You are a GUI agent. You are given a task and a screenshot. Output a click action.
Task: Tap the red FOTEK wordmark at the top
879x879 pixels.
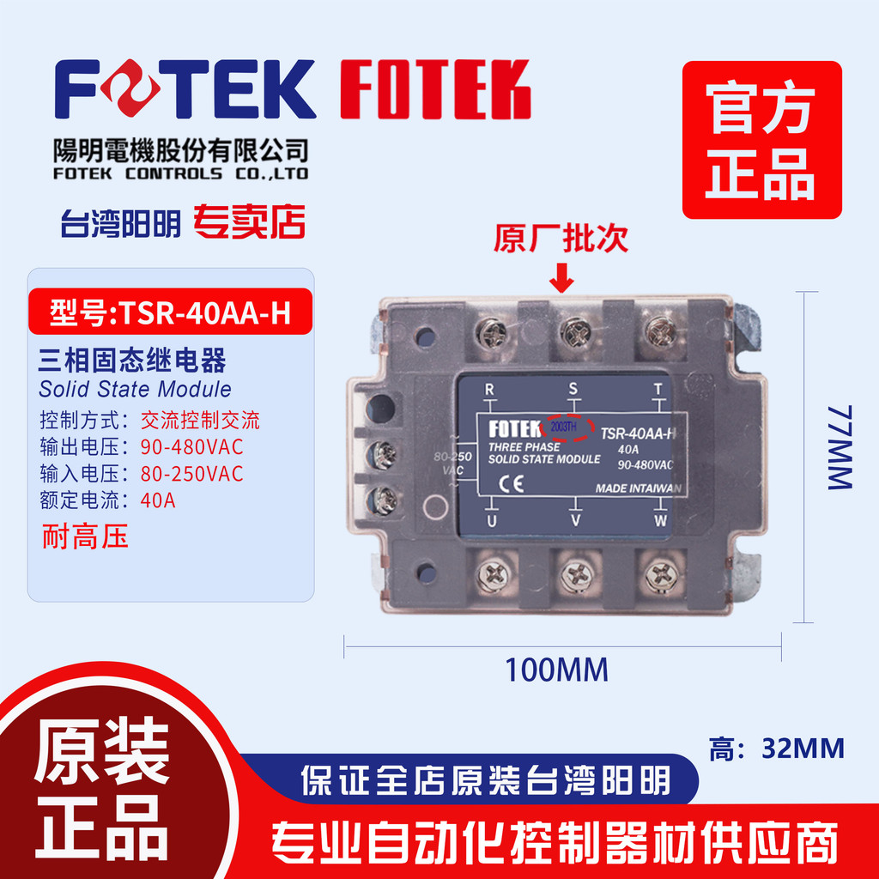tap(435, 89)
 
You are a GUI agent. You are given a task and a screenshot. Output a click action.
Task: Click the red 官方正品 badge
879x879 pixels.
tap(762, 140)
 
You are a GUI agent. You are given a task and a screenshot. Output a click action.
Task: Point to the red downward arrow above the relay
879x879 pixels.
tap(561, 277)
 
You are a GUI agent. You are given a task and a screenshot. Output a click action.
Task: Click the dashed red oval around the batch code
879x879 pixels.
tap(567, 427)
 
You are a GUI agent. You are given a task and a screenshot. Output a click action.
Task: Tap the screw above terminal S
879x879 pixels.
tap(574, 334)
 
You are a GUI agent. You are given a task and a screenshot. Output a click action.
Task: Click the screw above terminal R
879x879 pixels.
tap(491, 333)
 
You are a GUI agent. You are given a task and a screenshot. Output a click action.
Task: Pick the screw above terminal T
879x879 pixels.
tap(659, 332)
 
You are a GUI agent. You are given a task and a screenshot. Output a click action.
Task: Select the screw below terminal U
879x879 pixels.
tap(493, 574)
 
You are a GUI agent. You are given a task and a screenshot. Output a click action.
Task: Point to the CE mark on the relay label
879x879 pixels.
tap(511, 484)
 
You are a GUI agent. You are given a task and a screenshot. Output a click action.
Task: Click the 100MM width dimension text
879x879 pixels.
tap(556, 670)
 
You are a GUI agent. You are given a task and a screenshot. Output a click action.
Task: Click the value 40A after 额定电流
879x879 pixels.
tap(158, 500)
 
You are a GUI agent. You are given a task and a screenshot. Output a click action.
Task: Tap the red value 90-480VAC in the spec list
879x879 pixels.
tap(191, 446)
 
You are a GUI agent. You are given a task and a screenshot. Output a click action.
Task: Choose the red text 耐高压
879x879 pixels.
tap(85, 536)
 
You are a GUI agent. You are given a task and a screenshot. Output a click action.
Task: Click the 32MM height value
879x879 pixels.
tap(803, 749)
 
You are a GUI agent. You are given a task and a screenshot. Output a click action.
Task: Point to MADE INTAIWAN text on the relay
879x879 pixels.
tap(639, 488)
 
